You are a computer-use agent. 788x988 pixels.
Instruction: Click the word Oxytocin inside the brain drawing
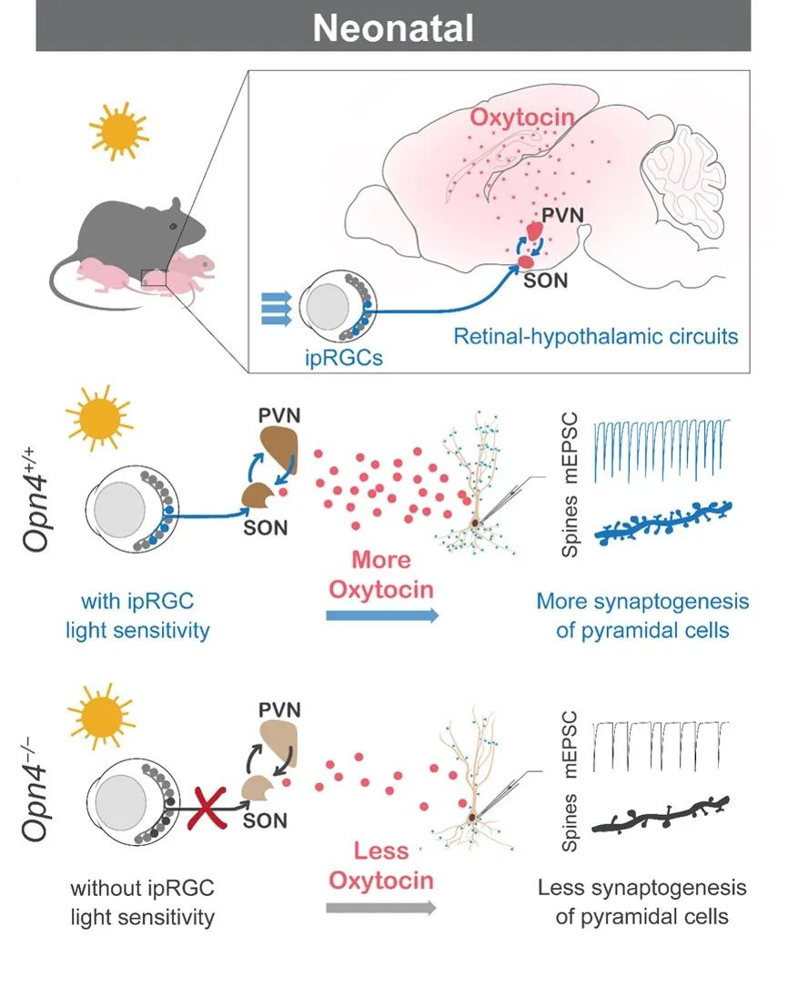tap(522, 118)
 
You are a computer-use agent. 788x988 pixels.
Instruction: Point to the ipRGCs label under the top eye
tap(345, 357)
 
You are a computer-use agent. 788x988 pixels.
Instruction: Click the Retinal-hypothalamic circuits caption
tap(596, 336)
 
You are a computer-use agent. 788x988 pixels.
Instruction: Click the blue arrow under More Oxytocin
tap(381, 616)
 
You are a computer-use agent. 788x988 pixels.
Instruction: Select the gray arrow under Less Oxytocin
tap(381, 907)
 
